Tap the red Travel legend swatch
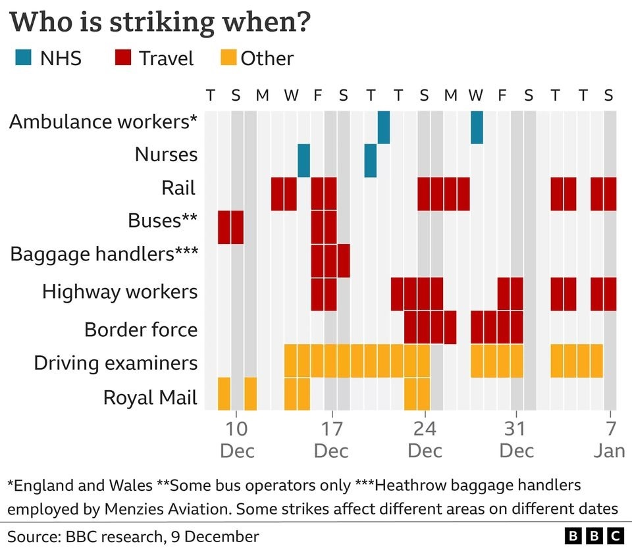pos(122,58)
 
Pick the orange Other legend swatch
pos(225,58)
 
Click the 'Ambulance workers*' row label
pos(103,122)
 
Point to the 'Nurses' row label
pos(166,155)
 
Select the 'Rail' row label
pos(179,188)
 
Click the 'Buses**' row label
pos(163,220)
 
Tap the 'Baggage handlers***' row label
pos(104,254)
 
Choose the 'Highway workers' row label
pos(120,291)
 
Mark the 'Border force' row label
pos(141,328)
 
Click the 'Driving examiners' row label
pos(115,362)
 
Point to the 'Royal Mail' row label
pos(150,397)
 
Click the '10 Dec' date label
pos(236,439)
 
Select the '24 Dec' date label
pos(425,439)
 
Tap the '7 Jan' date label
pos(610,439)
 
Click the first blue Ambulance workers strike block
pos(383,128)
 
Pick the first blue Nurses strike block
pos(303,161)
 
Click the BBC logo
pos(594,535)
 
